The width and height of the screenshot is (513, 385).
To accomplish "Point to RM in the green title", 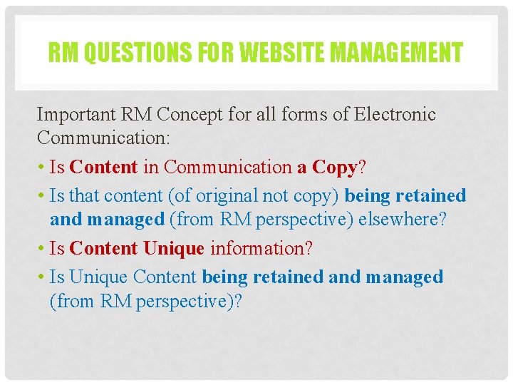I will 63,52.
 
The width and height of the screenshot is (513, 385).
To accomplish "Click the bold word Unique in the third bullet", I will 174,249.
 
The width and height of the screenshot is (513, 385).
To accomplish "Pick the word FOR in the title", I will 207,52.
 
